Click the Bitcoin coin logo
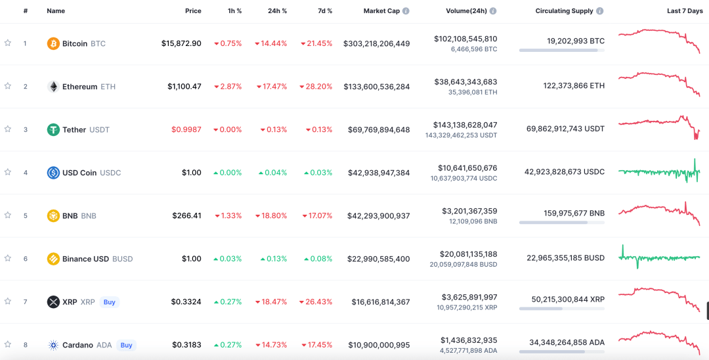(x=53, y=43)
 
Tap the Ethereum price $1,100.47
(x=184, y=87)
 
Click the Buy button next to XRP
(x=110, y=302)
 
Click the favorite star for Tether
(x=8, y=129)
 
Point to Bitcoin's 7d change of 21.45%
(x=316, y=43)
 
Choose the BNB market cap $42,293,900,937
(x=376, y=215)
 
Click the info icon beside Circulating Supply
(x=600, y=11)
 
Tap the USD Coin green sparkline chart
(x=659, y=172)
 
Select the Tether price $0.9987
(x=186, y=129)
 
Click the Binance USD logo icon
(x=53, y=259)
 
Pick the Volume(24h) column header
(x=466, y=11)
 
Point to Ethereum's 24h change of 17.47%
(x=272, y=87)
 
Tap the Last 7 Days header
(x=685, y=11)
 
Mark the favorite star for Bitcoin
(x=8, y=43)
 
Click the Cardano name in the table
(x=77, y=345)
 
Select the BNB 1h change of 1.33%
(x=228, y=215)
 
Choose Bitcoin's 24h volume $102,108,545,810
(x=465, y=39)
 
